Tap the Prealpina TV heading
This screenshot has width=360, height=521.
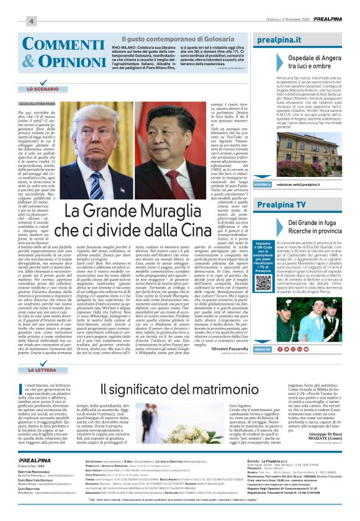coord(281,204)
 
